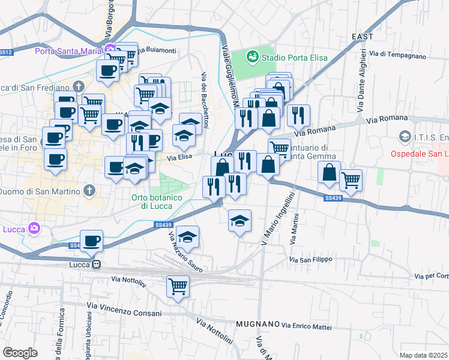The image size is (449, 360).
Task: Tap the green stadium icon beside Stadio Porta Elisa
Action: coord(253,57)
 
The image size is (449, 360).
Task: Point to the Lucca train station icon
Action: coord(95,265)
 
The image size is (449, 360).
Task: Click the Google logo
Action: coord(20,353)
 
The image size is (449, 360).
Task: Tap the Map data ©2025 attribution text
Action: coord(423,355)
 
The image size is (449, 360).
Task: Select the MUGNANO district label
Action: coord(257,324)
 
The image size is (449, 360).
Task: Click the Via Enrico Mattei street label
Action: coord(307,326)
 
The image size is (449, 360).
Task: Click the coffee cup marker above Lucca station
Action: coord(92,241)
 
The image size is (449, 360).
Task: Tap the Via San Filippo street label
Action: coord(310,260)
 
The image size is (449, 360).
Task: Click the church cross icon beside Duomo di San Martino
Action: coord(89,191)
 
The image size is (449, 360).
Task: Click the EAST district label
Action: coord(363,37)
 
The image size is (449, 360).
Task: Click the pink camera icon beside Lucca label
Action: coord(34,229)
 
